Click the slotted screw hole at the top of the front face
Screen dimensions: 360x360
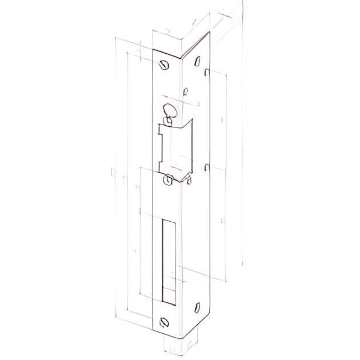[165, 65]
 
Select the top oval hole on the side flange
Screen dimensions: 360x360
[197, 61]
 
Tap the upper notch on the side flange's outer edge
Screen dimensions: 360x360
[207, 72]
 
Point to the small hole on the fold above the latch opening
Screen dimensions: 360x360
[185, 92]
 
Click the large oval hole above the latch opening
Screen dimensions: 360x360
[169, 110]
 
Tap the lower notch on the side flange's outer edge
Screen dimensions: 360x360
[207, 167]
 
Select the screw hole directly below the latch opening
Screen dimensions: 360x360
[167, 181]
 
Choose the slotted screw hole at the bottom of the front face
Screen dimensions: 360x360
[165, 321]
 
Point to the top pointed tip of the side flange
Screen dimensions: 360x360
[210, 33]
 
